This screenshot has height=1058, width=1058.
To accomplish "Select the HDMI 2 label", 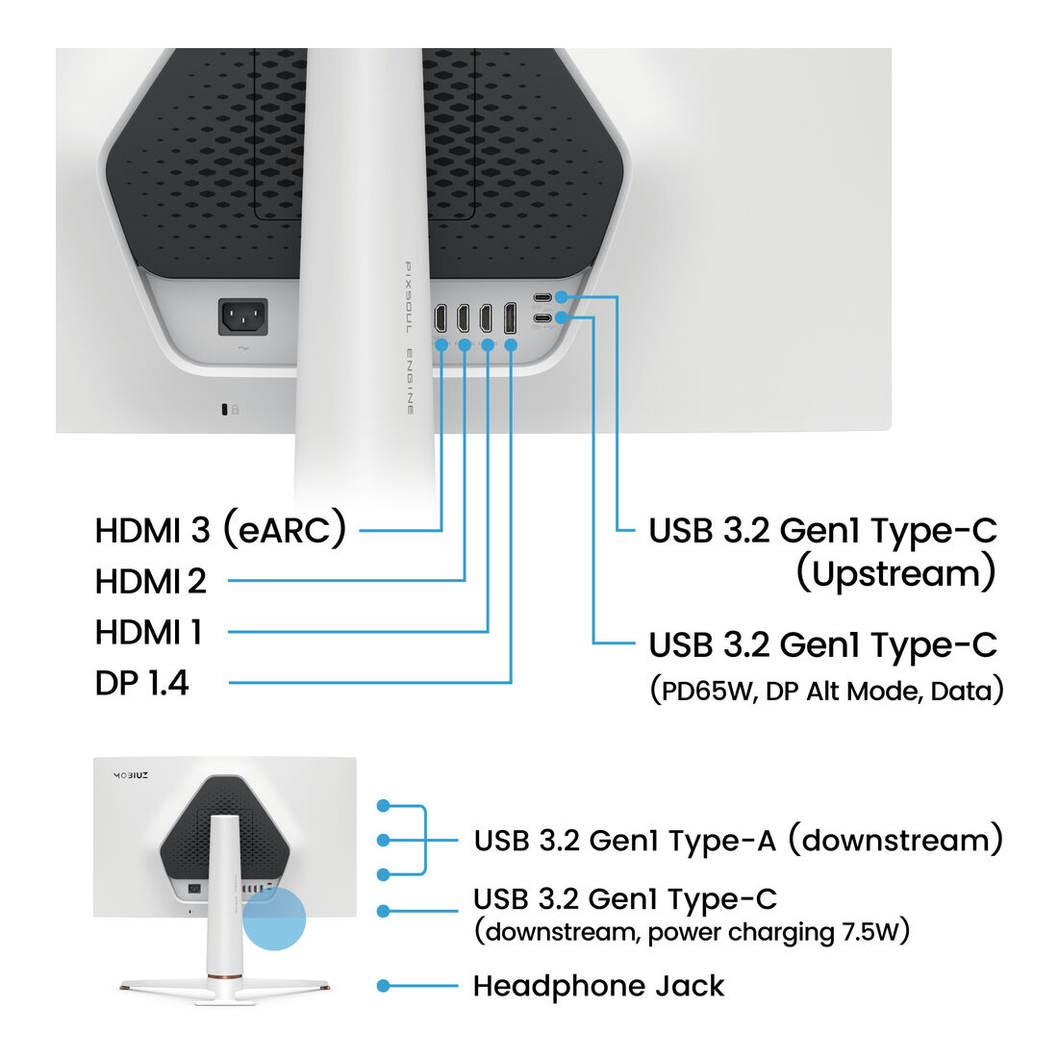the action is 150,581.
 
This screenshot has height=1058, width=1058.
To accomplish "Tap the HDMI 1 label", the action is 148,632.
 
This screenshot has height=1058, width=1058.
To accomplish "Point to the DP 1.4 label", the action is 141,683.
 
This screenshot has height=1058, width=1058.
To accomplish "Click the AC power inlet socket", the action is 243,317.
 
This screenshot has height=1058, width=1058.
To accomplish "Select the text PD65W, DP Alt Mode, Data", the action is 826,691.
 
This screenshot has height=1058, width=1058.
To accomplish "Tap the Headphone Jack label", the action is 598,986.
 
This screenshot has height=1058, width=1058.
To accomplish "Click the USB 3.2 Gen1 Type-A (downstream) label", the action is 738,840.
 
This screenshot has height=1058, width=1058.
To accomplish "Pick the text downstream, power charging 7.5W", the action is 692,932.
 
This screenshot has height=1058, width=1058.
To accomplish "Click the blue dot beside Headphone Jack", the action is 383,986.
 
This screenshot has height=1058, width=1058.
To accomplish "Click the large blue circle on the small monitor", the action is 274,919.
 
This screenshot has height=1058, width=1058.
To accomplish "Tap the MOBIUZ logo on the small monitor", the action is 130,775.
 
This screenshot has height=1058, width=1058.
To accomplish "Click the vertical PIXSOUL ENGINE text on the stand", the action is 409,338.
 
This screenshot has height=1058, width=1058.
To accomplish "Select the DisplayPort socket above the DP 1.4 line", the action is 510,317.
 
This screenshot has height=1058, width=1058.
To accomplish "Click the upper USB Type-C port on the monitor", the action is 542,297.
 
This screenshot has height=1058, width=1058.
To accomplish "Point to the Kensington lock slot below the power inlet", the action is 225,409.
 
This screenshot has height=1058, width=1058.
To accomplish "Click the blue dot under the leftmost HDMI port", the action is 441,344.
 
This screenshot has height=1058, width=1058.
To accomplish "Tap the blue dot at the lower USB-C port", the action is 562,317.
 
